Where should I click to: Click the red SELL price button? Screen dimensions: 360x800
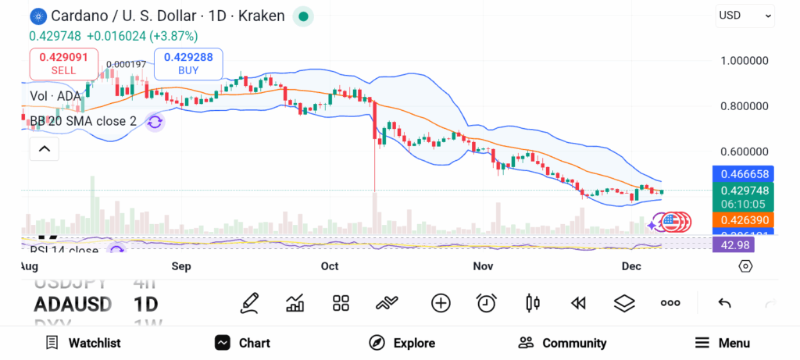tap(64, 63)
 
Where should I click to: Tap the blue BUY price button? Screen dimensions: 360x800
tap(188, 63)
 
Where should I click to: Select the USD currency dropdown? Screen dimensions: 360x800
tap(745, 16)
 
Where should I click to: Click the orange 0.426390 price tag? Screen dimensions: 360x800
tap(742, 220)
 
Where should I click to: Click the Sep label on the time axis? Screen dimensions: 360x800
tap(181, 266)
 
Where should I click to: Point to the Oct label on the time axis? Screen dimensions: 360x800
tap(330, 266)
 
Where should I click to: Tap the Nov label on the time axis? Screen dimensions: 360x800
tap(484, 266)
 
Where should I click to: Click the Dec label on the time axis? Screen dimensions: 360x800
tap(631, 266)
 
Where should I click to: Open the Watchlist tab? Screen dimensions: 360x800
tap(83, 343)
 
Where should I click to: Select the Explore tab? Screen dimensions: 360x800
tap(402, 343)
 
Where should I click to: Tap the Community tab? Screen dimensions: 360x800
tap(562, 343)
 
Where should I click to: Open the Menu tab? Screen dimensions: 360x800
tap(723, 343)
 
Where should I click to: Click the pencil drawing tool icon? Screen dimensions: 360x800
tap(249, 303)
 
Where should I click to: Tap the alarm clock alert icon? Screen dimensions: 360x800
tap(487, 303)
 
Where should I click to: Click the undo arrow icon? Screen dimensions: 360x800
tap(724, 303)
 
